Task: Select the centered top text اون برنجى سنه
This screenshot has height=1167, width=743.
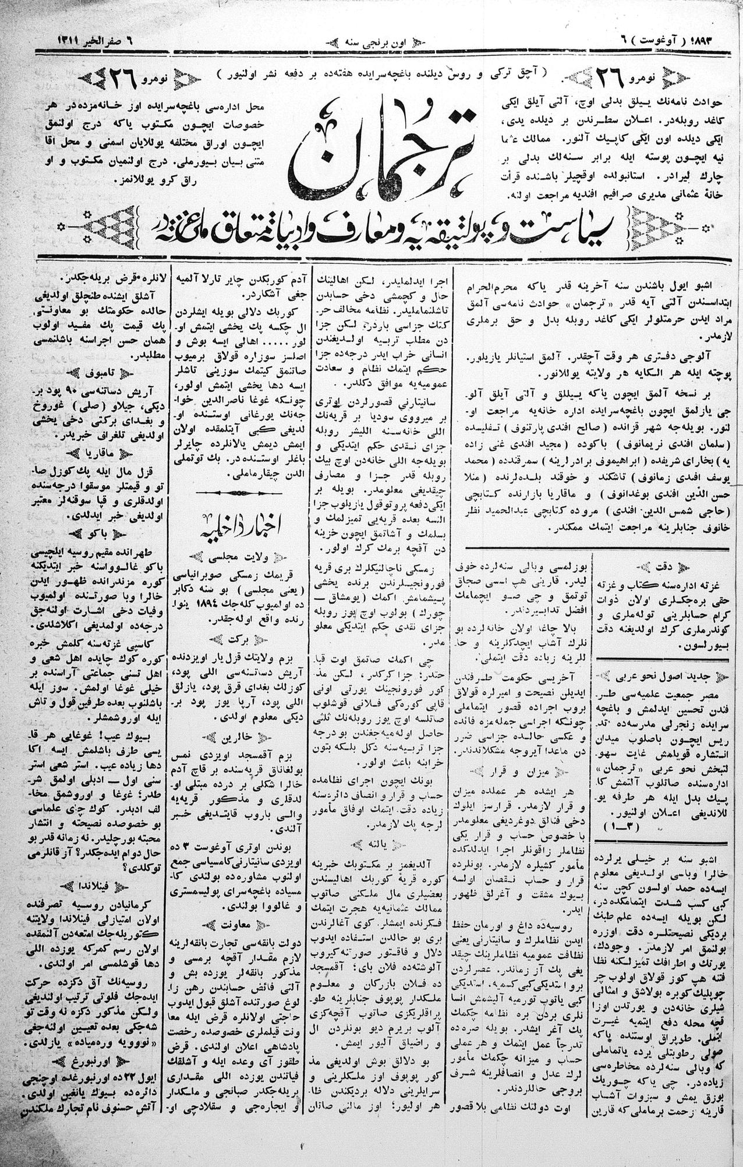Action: tap(373, 42)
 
